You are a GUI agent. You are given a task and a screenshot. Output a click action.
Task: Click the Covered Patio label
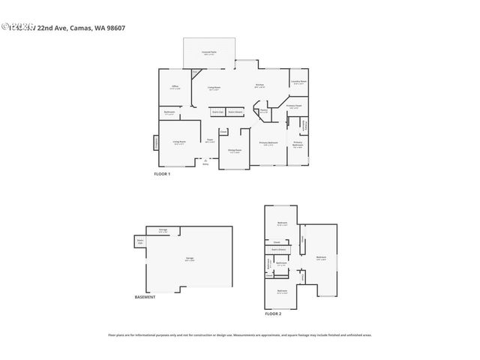209,53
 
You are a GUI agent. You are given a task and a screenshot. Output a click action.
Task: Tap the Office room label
175,88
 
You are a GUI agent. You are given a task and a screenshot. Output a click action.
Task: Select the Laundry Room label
299,82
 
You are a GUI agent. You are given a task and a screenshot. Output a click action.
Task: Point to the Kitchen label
259,85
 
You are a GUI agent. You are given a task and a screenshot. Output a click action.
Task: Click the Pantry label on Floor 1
263,112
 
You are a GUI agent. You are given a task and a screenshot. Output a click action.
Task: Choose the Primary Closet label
294,106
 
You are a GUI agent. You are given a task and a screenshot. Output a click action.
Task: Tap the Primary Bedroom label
269,143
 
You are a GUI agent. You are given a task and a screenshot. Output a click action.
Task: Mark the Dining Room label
235,151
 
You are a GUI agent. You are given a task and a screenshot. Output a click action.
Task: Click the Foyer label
211,140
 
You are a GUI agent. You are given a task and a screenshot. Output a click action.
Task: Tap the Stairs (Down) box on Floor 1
235,112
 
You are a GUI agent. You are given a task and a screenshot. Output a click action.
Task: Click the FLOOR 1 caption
162,174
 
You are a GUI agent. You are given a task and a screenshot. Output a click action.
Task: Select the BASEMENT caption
145,297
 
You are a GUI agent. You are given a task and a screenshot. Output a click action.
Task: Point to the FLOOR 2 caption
273,313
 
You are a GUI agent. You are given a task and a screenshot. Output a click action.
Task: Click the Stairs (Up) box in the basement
140,241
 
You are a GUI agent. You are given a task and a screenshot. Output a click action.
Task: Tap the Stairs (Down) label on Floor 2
278,249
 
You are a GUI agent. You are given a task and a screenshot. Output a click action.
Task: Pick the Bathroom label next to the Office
169,113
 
